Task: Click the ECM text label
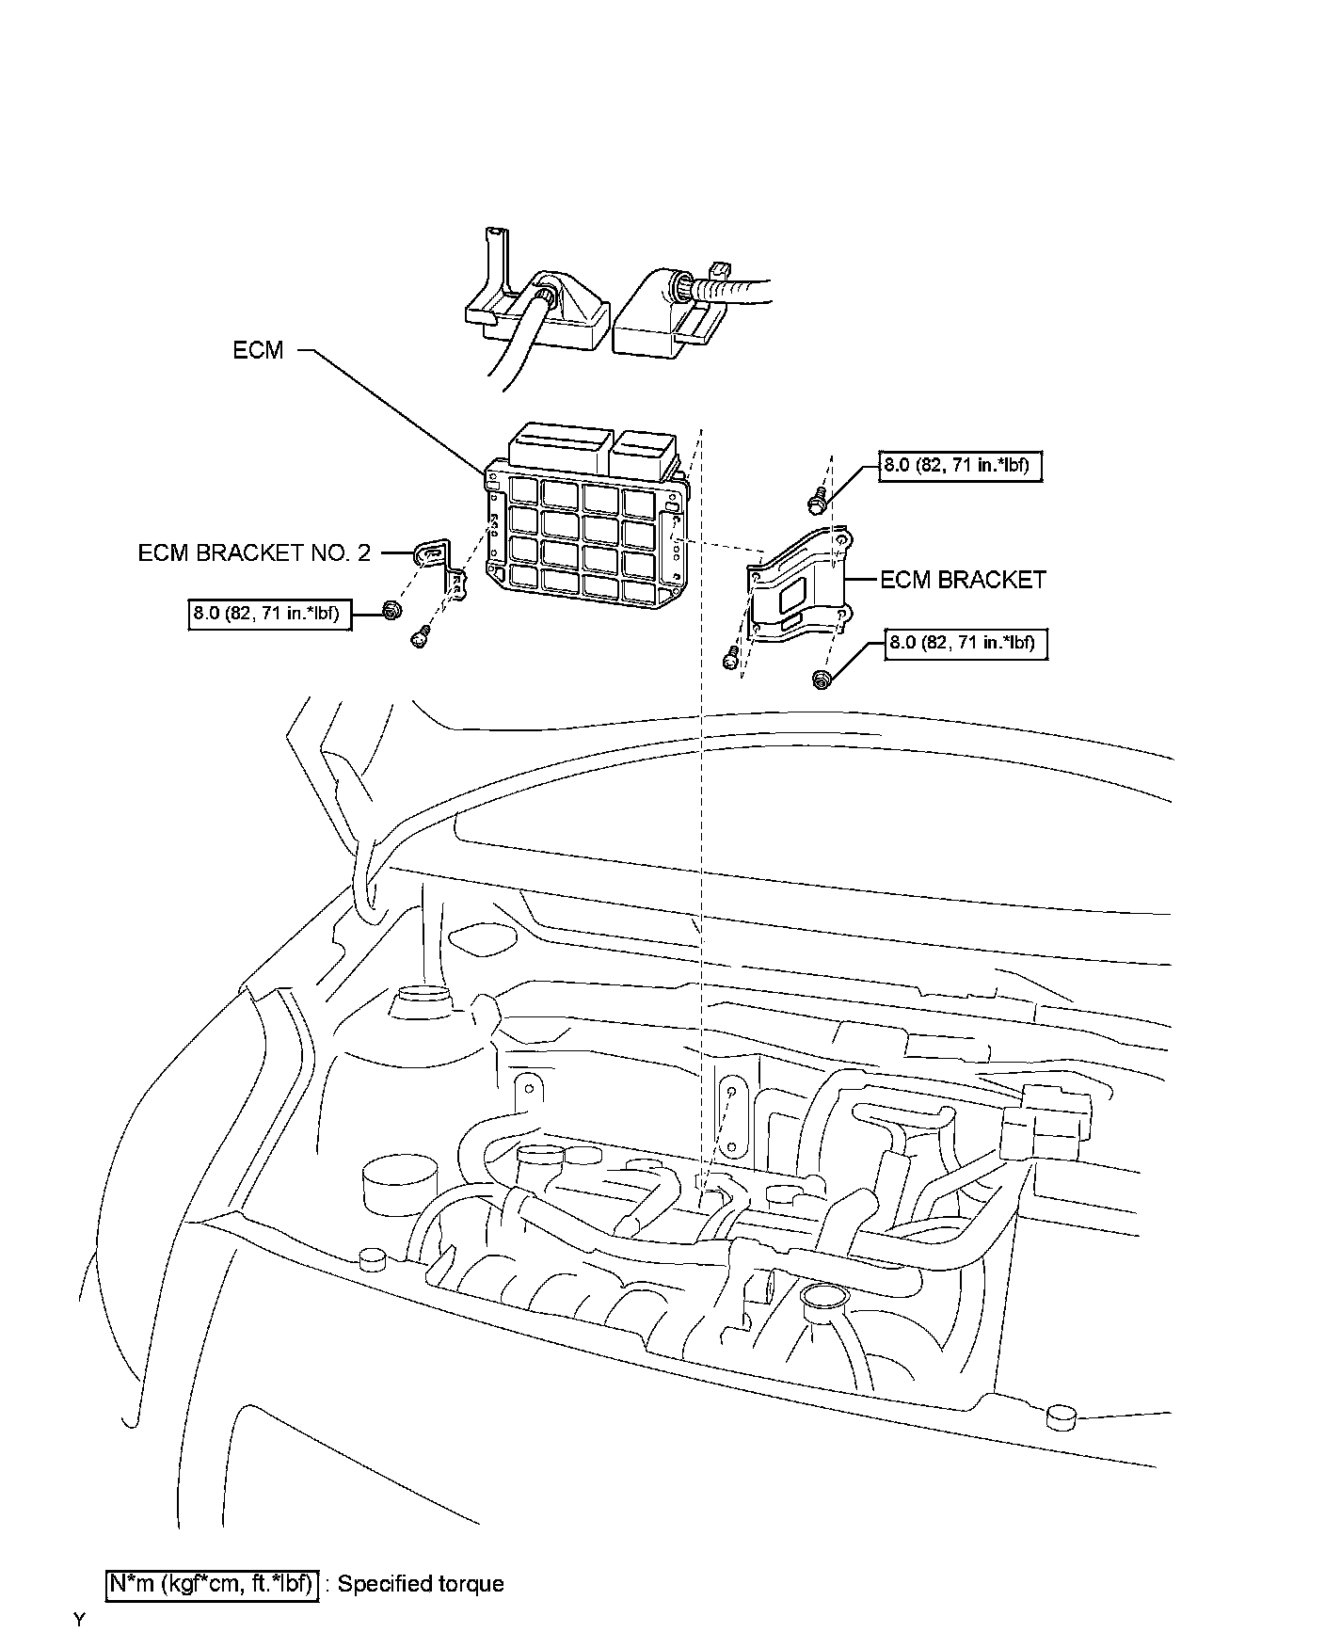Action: click(x=258, y=350)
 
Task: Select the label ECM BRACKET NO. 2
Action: click(x=255, y=552)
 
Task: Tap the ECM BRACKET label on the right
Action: click(x=963, y=580)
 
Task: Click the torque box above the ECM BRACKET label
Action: click(x=961, y=466)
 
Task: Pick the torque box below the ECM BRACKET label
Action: click(x=965, y=644)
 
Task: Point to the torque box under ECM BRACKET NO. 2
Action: click(x=271, y=616)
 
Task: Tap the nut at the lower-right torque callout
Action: click(x=822, y=680)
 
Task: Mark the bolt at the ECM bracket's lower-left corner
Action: click(x=730, y=660)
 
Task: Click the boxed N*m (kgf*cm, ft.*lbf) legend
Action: click(x=212, y=1584)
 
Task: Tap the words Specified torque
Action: click(x=421, y=1584)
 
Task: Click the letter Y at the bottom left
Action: click(x=80, y=1620)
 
